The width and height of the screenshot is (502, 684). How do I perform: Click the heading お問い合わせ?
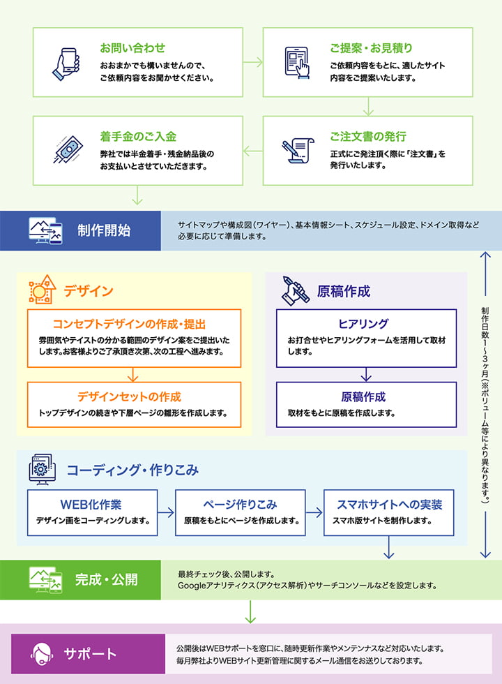(132, 48)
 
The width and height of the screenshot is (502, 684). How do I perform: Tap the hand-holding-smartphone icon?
(66, 63)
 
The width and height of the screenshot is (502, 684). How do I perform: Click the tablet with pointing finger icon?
(296, 63)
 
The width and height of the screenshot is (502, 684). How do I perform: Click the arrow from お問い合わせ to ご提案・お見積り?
(253, 62)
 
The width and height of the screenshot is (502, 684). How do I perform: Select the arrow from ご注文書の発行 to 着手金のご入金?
(253, 150)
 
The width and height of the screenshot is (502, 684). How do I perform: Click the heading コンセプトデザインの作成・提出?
(130, 324)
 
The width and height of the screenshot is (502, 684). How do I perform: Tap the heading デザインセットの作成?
(130, 396)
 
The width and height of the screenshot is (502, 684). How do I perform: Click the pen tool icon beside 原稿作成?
(295, 290)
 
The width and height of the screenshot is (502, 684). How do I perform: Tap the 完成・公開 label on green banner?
(107, 579)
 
